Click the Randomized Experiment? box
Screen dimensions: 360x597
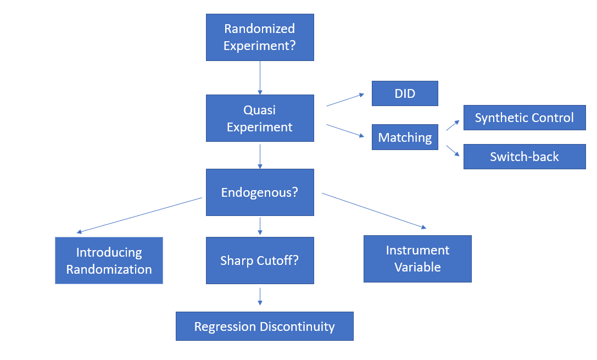tap(260, 37)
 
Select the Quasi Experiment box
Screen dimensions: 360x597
tap(260, 118)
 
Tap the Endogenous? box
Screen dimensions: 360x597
tap(260, 192)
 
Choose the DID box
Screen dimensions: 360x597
tap(405, 93)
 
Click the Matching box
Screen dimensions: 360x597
tap(405, 137)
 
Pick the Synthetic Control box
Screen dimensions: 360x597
tap(524, 118)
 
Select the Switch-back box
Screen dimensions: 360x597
tap(524, 157)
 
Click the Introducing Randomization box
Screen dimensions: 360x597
tap(109, 261)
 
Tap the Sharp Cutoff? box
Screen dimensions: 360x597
tap(260, 261)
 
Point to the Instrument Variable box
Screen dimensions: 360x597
tap(417, 259)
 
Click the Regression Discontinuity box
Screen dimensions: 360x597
tap(264, 326)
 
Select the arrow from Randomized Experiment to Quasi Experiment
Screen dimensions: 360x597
tap(260, 77)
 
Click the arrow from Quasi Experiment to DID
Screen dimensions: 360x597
tap(345, 99)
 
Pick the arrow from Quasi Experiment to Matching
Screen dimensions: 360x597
tap(345, 131)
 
